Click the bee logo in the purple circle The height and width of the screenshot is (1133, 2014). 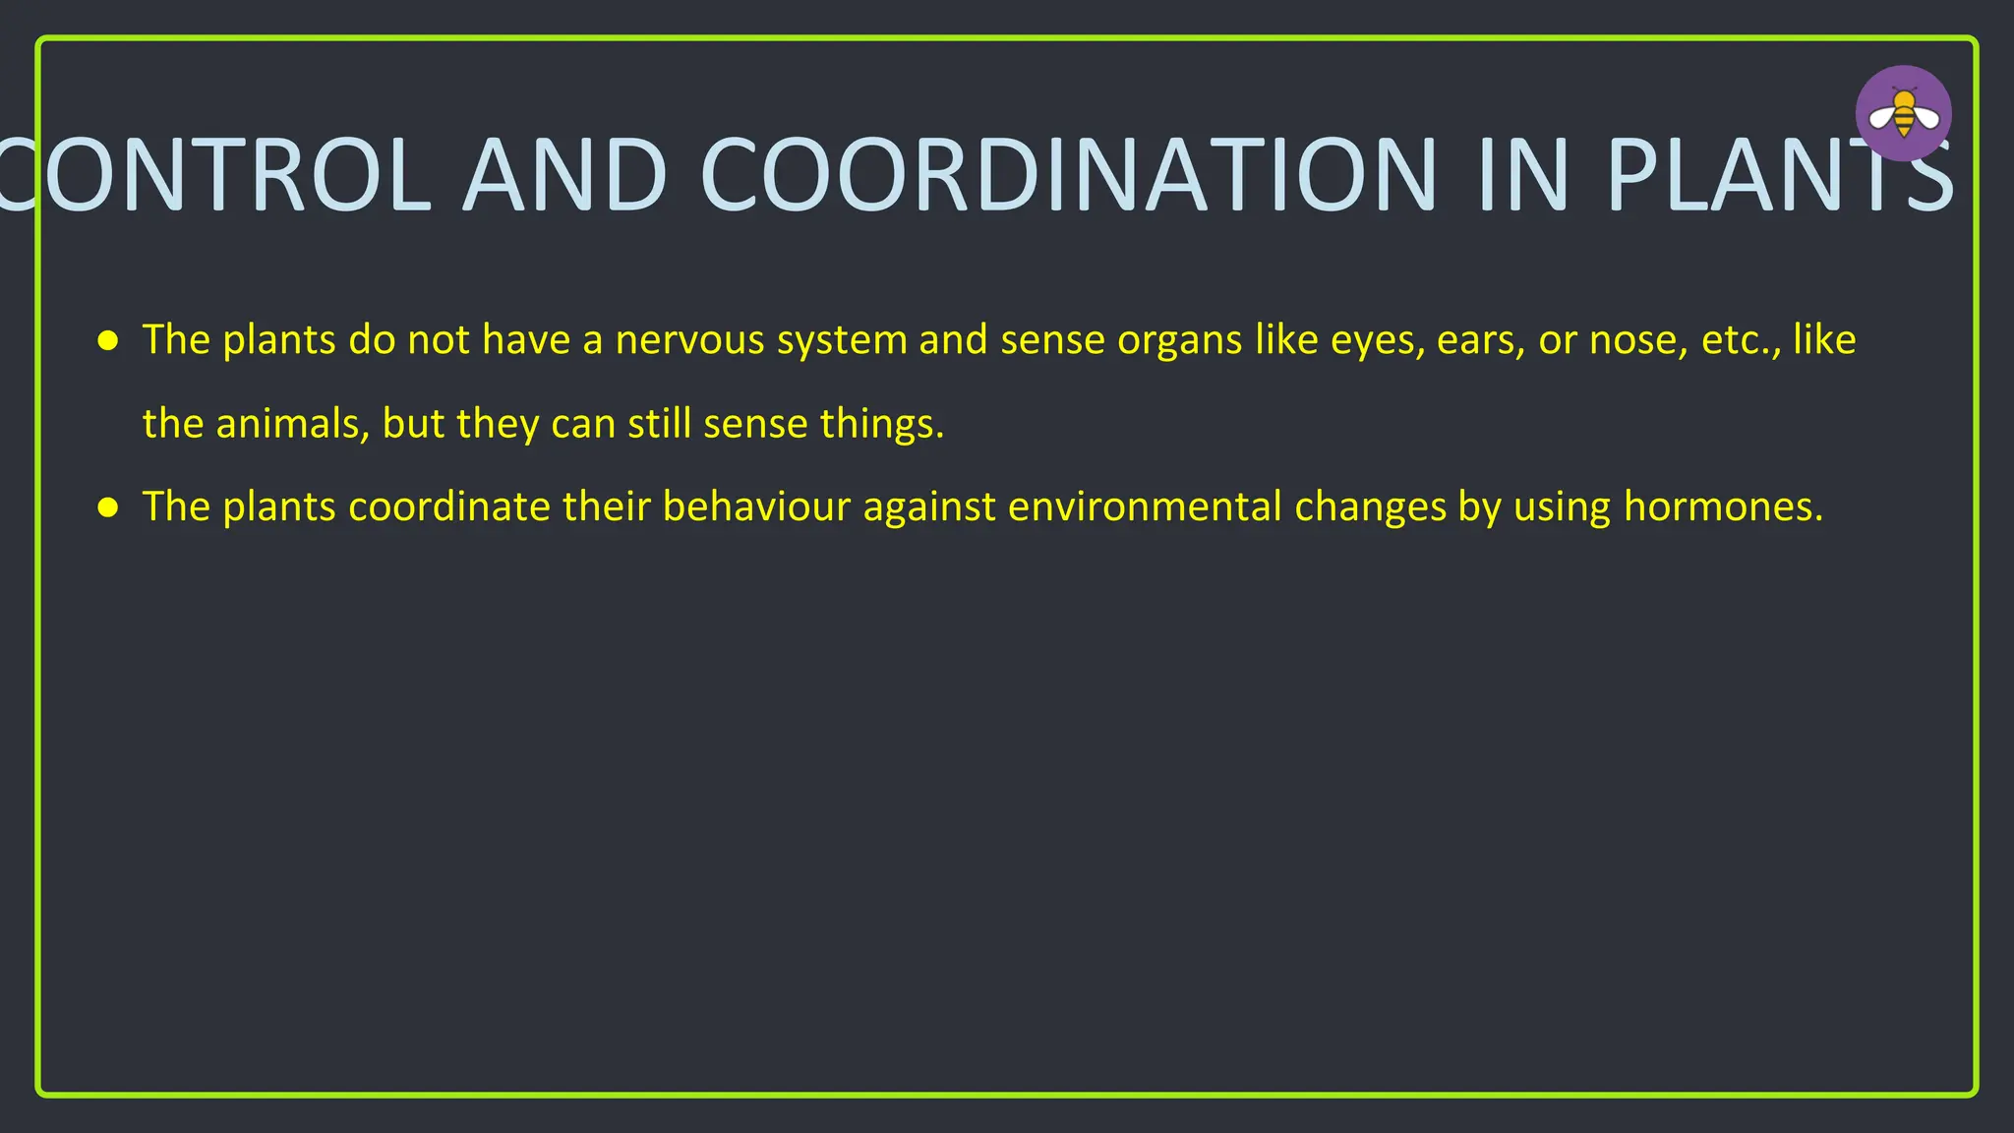pos(1903,113)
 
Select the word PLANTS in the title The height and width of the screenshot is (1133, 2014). pos(1780,175)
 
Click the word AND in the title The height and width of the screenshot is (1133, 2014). pos(565,175)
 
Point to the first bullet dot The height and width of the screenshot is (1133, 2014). pos(108,341)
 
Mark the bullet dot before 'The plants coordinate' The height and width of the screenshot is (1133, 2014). pos(108,508)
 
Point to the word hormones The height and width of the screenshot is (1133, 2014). pos(1722,507)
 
